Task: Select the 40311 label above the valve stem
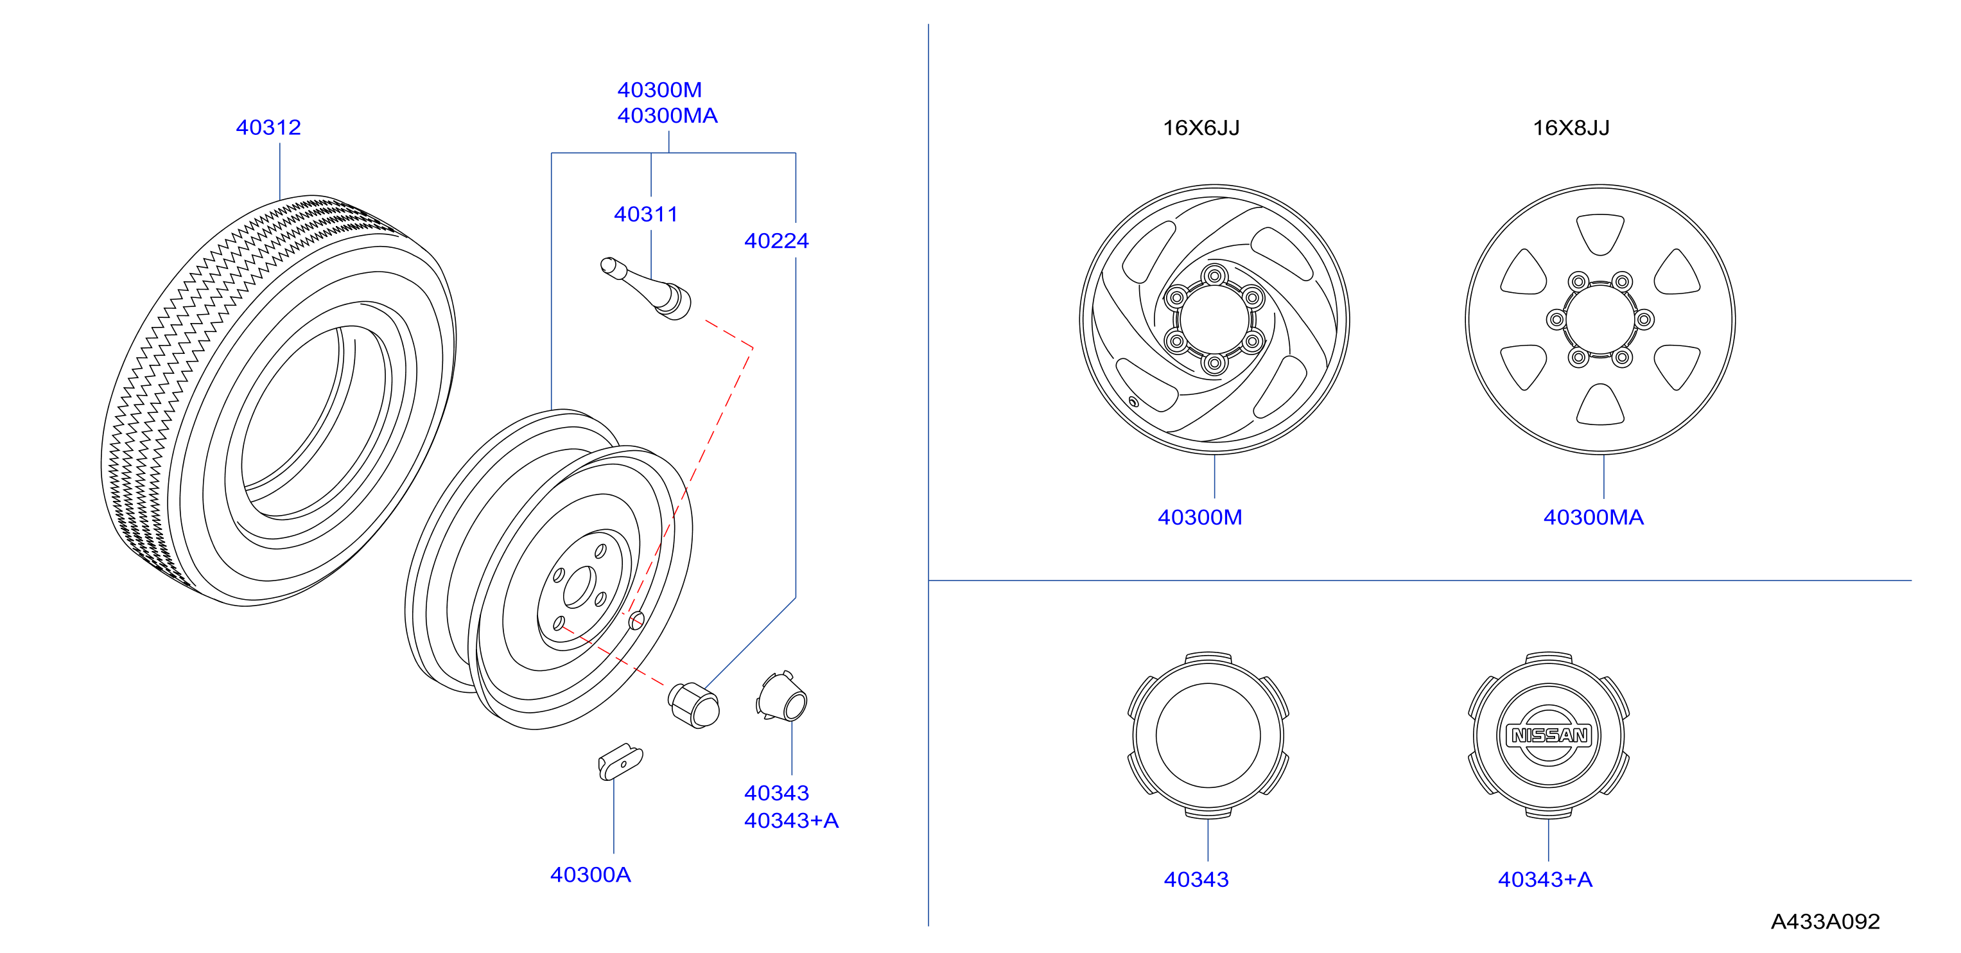pyautogui.click(x=645, y=214)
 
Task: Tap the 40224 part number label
pyautogui.click(x=776, y=241)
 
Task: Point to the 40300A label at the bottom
pyautogui.click(x=590, y=875)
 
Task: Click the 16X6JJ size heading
pyautogui.click(x=1201, y=128)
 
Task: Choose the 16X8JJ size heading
pyautogui.click(x=1571, y=128)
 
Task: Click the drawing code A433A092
pyautogui.click(x=1825, y=922)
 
